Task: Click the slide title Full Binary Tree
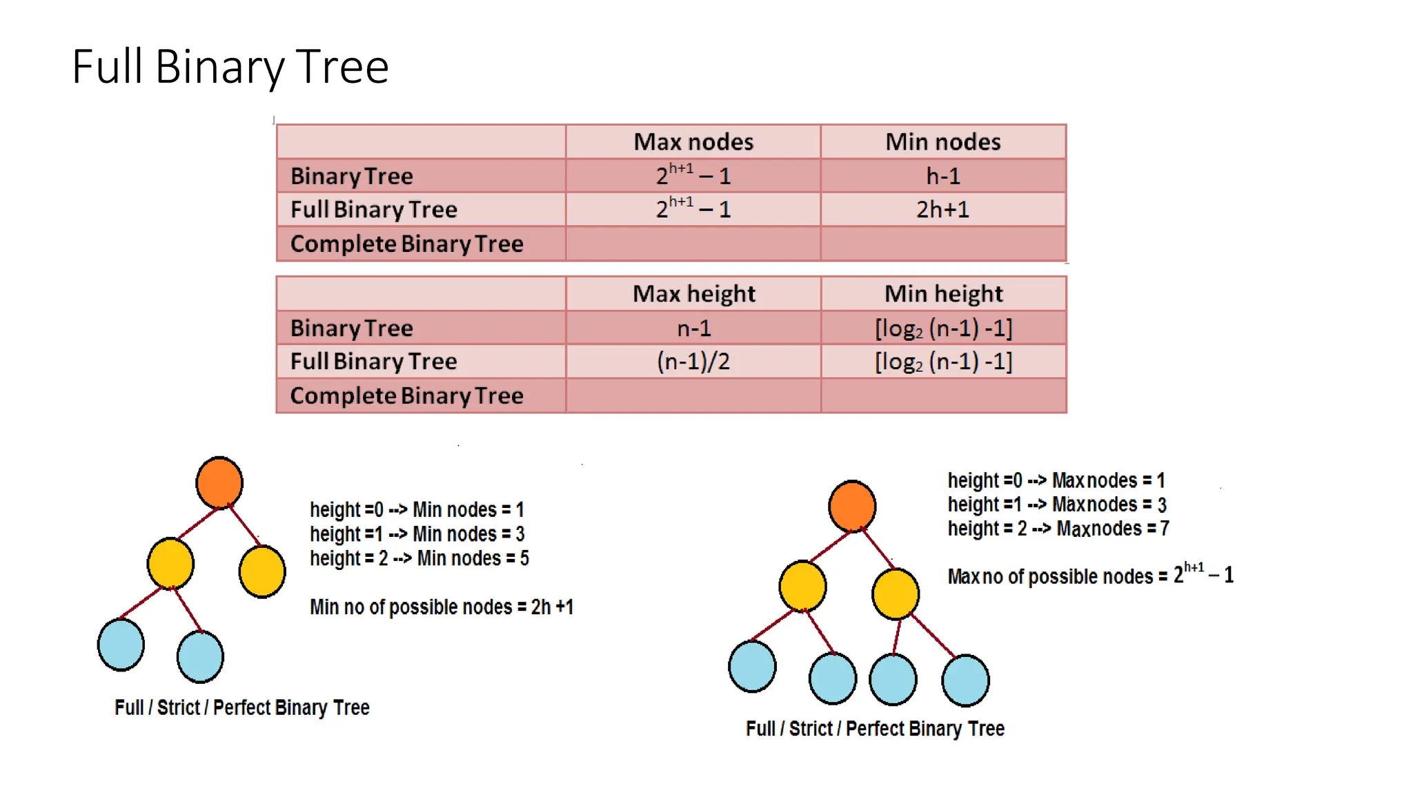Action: point(230,67)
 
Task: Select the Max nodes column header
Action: point(693,142)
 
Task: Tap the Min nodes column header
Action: point(942,142)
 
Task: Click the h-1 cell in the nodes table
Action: point(942,176)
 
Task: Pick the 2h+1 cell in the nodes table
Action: point(942,209)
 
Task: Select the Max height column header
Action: point(693,294)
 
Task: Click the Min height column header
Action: point(943,294)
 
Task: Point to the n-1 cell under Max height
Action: point(693,328)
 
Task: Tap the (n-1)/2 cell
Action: point(693,361)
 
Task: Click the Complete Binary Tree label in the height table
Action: point(406,396)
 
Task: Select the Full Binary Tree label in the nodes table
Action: point(373,209)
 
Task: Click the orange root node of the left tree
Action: point(219,482)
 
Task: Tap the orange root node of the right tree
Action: point(852,506)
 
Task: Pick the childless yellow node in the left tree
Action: point(262,571)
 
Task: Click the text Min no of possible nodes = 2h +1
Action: point(441,607)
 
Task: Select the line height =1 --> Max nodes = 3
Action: point(1056,504)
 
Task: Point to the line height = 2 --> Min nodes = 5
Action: point(419,558)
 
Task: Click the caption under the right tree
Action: point(875,729)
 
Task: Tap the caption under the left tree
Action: point(241,708)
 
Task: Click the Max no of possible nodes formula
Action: point(1090,576)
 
